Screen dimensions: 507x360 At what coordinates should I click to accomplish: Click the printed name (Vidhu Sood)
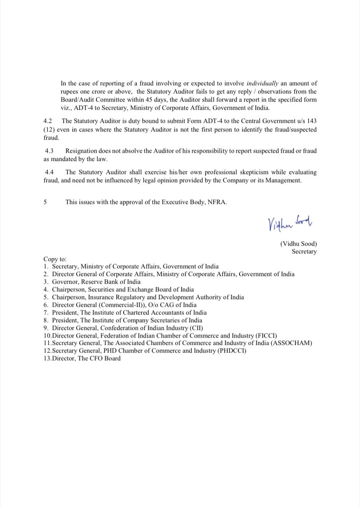tap(298, 244)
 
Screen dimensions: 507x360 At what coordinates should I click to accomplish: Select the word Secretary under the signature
tap(304, 251)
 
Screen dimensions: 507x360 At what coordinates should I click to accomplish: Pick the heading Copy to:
tap(55, 259)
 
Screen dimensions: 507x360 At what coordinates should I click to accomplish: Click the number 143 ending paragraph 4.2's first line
tap(311, 121)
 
